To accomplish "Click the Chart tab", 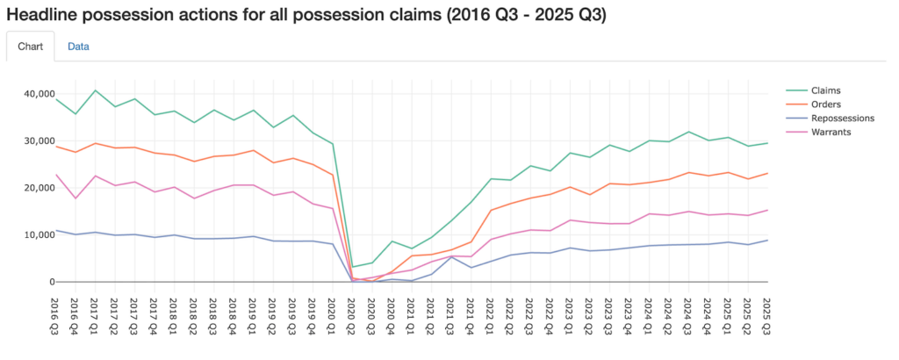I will pos(30,47).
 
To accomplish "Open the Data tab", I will pos(78,47).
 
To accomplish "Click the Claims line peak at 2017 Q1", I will pos(95,90).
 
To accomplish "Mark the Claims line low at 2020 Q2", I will pos(352,267).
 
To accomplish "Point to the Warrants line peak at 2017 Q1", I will pos(95,176).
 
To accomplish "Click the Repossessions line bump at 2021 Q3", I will pos(451,256).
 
